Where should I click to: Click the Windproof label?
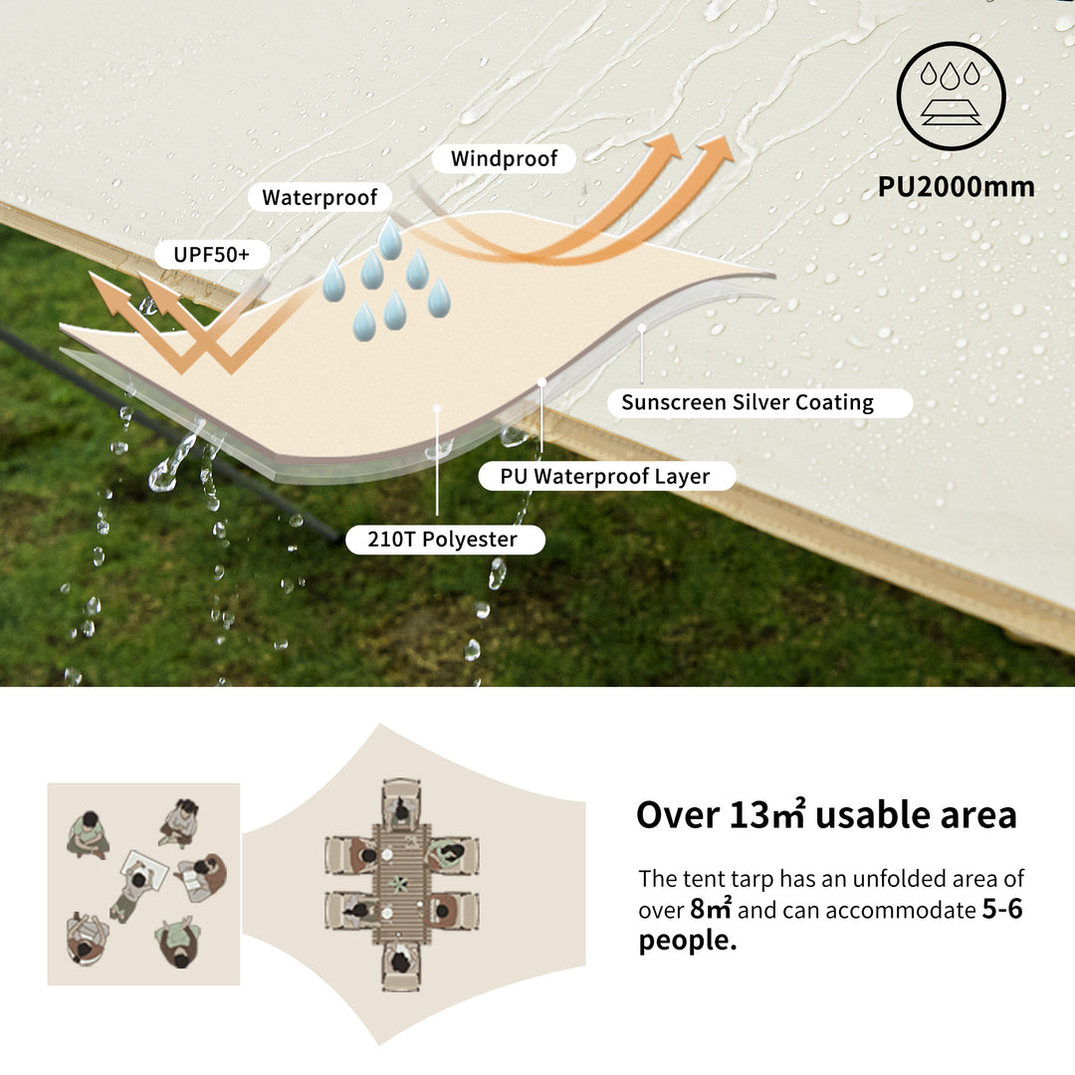pos(504,158)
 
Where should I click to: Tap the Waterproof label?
pos(320,197)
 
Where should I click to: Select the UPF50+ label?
pos(212,255)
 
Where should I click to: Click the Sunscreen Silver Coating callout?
pos(759,402)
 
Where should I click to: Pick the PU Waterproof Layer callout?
pos(607,476)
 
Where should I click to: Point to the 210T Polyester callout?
pos(445,538)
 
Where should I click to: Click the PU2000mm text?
pos(956,186)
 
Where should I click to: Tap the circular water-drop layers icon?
pos(951,96)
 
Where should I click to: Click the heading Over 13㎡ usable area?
pos(826,814)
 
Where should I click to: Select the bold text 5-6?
pos(1002,909)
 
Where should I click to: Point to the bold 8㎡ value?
pos(711,909)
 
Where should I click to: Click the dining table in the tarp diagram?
pos(402,884)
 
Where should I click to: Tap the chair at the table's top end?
pos(402,802)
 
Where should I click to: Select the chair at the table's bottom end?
pos(401,966)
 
